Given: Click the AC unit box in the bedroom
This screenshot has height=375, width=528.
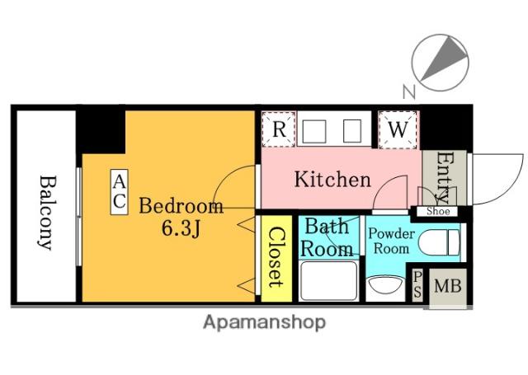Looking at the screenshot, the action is click(119, 192).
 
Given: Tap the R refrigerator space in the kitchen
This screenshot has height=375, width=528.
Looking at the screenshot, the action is click(279, 129).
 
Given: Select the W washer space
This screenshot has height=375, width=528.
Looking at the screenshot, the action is click(398, 129).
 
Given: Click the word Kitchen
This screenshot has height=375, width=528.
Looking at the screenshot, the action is click(332, 180).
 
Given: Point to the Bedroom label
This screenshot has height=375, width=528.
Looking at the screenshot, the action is click(181, 206).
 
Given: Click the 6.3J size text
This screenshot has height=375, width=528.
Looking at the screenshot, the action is click(181, 228).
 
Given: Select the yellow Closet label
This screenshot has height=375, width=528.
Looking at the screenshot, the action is click(276, 257).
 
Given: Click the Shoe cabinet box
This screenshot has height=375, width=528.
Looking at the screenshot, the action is click(437, 211).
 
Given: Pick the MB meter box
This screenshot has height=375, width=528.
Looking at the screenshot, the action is click(447, 287).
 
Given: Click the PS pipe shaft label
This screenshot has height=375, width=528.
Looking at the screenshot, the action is click(417, 284).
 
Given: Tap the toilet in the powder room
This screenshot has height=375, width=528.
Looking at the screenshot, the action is click(439, 242).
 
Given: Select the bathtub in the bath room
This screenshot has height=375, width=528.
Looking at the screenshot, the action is click(328, 281).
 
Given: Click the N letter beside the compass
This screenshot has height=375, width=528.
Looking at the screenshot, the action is click(409, 91).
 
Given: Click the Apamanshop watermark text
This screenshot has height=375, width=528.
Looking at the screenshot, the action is click(264, 322).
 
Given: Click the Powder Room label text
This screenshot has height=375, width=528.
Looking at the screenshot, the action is click(391, 241).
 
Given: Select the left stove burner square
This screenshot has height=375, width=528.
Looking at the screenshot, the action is click(314, 132).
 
